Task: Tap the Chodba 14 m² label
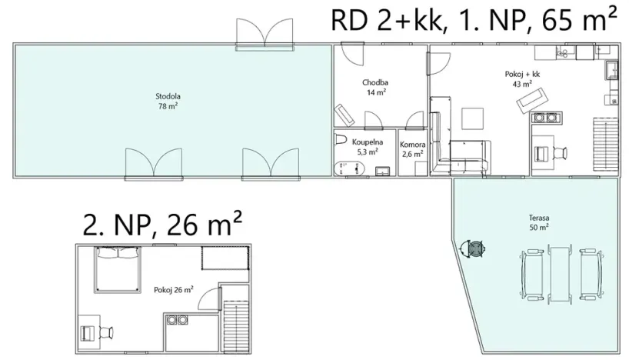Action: coord(374,87)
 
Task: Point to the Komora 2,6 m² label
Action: coord(412,148)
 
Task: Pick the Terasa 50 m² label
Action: coord(538,223)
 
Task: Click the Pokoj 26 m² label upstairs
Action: coord(173,289)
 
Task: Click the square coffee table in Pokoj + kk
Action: coord(472,118)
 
